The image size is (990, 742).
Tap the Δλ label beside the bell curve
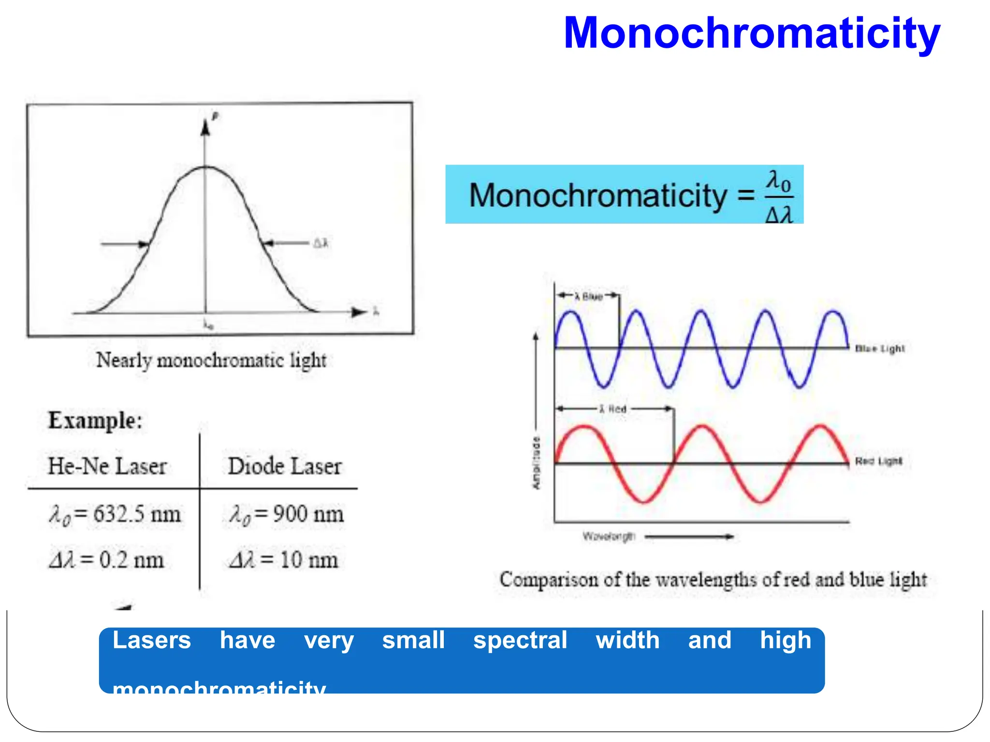[x=320, y=243]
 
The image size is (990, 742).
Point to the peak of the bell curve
[x=206, y=167]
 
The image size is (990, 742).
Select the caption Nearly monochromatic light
[x=211, y=360]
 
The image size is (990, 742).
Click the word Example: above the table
[x=95, y=420]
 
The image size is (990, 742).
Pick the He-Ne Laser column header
[x=107, y=466]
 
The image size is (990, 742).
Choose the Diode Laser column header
[x=285, y=466]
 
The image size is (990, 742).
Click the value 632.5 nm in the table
[x=137, y=514]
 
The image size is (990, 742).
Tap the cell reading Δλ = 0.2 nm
[x=107, y=560]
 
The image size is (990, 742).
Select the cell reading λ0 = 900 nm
[x=286, y=514]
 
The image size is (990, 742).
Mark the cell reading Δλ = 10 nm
[x=283, y=560]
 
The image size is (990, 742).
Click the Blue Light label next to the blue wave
[x=880, y=348]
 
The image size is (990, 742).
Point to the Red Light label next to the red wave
[x=878, y=461]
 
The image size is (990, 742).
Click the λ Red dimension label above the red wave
[x=613, y=409]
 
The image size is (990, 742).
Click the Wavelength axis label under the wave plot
[x=609, y=536]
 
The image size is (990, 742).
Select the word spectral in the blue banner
[x=520, y=641]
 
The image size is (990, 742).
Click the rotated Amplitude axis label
[x=537, y=463]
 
